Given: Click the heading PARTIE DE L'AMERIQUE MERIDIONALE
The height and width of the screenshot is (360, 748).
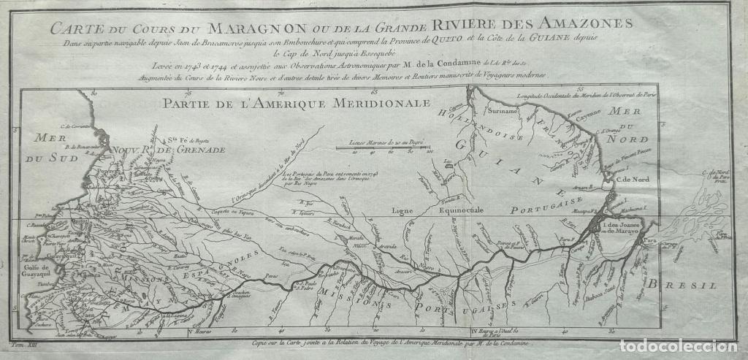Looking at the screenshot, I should pos(297,102).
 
